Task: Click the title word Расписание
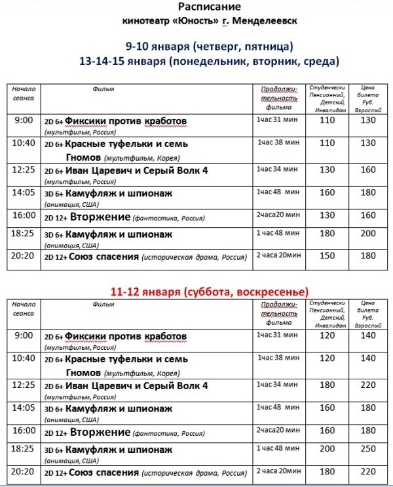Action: coord(196,7)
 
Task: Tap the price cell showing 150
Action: coord(326,255)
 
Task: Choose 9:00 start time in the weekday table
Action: coord(23,120)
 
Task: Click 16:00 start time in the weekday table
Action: coord(23,215)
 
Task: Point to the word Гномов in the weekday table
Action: coord(83,158)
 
